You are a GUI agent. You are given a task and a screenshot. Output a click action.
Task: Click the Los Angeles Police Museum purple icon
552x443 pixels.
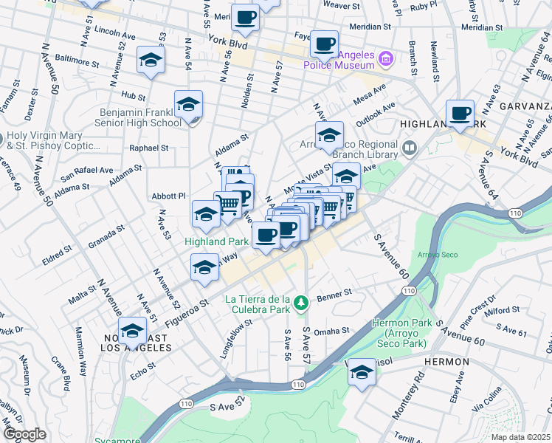(385, 58)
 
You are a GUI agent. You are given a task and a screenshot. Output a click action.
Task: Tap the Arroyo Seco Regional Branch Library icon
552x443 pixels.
(410, 150)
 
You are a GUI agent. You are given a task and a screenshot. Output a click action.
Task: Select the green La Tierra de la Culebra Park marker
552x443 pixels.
(300, 303)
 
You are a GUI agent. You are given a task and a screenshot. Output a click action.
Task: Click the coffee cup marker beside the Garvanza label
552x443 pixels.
(460, 114)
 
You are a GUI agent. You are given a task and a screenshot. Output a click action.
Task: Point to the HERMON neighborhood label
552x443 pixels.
(446, 362)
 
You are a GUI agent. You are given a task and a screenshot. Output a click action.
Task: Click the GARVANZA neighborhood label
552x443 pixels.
(525, 106)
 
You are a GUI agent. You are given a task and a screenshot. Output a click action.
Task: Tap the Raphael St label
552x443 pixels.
(149, 148)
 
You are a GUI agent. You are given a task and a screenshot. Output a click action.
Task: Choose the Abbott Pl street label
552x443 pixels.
(168, 196)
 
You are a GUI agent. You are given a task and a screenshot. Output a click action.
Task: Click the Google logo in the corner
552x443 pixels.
(24, 434)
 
